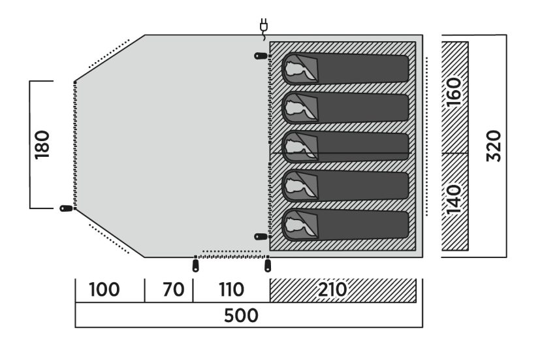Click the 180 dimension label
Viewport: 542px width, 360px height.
42,144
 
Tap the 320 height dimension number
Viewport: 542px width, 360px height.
494,146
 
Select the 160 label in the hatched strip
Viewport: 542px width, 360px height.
454,91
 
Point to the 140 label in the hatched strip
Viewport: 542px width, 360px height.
454,199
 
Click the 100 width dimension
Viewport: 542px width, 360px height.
104,289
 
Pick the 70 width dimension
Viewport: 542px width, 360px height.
174,289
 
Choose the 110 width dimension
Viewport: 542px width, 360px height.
231,289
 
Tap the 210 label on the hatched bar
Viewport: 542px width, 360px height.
332,289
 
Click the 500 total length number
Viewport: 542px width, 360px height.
241,316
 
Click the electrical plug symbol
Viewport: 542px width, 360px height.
264,27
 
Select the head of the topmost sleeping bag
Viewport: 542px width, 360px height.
298,68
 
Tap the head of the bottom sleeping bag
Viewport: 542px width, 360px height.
298,225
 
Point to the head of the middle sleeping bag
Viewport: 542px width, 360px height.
298,146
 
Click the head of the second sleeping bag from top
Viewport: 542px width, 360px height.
298,107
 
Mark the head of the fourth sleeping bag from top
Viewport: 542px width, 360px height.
298,186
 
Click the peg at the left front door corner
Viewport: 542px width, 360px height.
66,208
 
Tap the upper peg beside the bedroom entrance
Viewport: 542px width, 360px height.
261,56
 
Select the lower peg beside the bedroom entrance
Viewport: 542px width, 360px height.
261,237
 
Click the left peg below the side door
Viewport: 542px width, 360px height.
196,266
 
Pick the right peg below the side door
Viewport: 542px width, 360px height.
268,266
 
